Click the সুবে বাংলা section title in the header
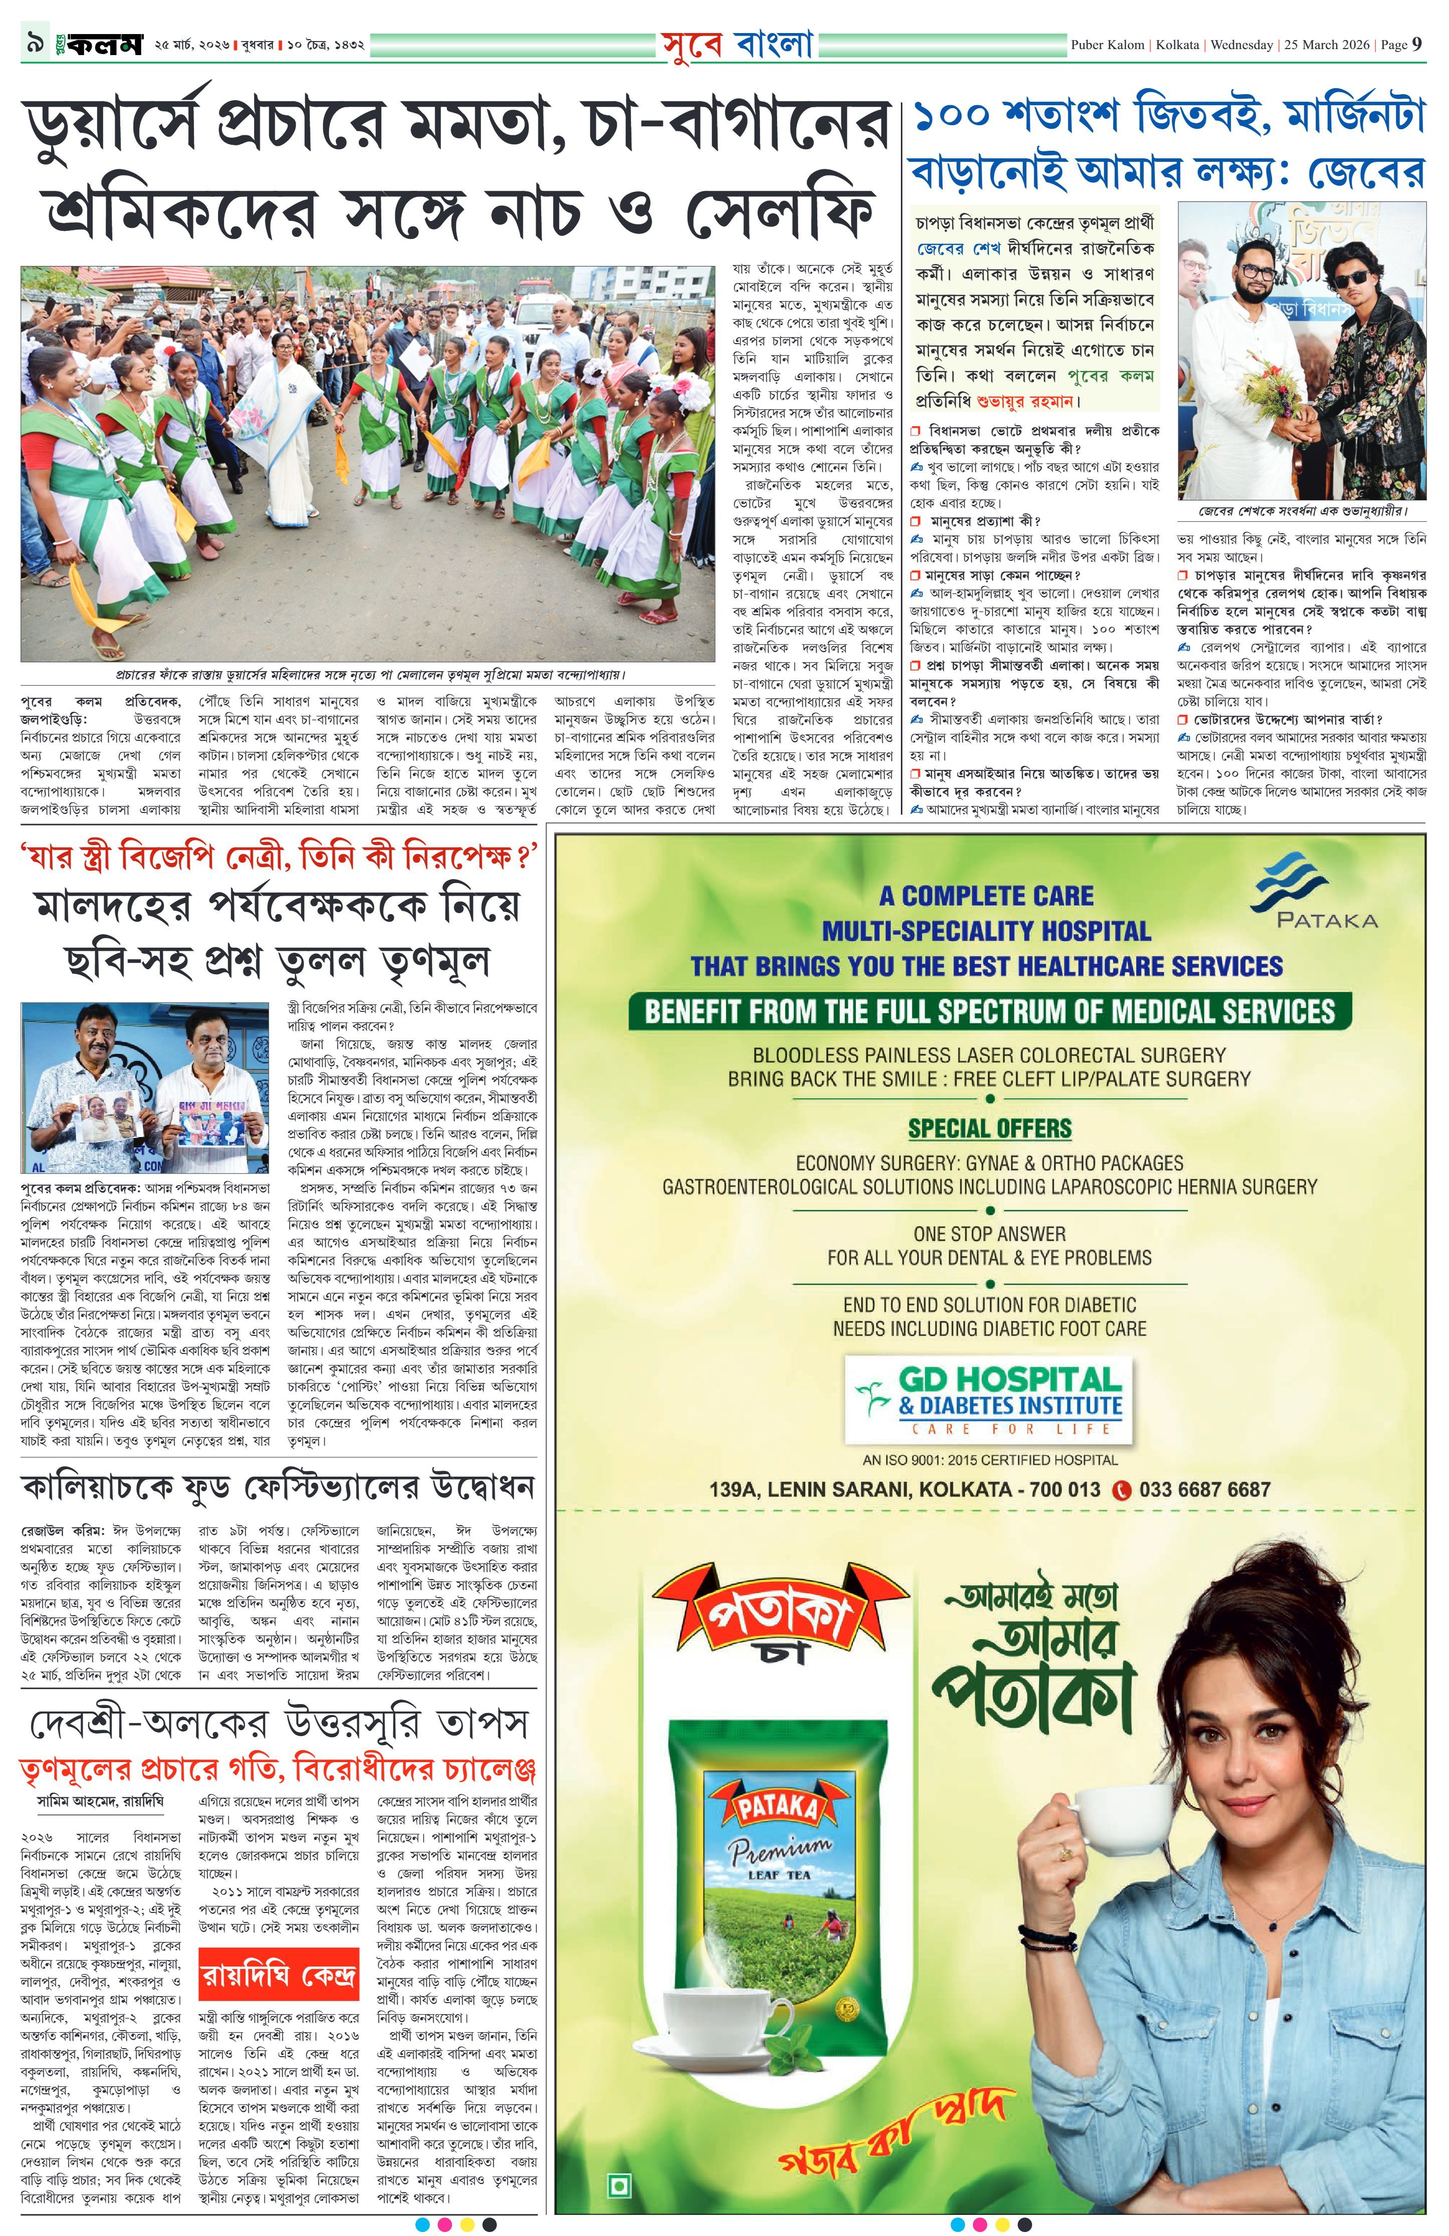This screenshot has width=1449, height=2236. [x=736, y=44]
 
